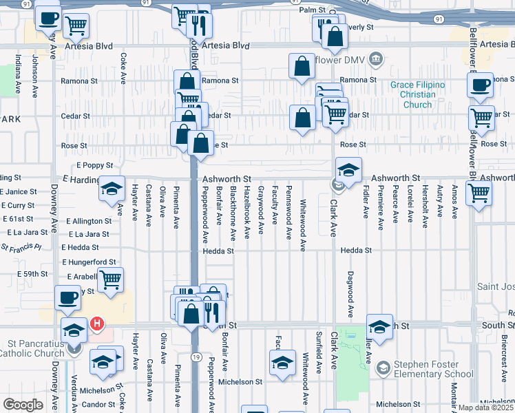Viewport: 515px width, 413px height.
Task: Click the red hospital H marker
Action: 97,323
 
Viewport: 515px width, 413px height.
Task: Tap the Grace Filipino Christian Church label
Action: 417,95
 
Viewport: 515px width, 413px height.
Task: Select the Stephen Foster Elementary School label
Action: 433,369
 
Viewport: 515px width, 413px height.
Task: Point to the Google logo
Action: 22,405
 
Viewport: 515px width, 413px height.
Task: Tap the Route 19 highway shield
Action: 196,357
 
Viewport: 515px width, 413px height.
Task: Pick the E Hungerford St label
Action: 89,262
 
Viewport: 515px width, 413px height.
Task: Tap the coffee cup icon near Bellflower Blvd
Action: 480,85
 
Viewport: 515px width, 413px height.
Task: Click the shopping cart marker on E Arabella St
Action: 110,279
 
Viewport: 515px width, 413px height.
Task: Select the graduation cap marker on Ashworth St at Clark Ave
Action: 348,170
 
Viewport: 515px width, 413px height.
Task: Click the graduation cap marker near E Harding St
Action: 110,191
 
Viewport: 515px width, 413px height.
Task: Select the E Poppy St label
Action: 94,166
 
